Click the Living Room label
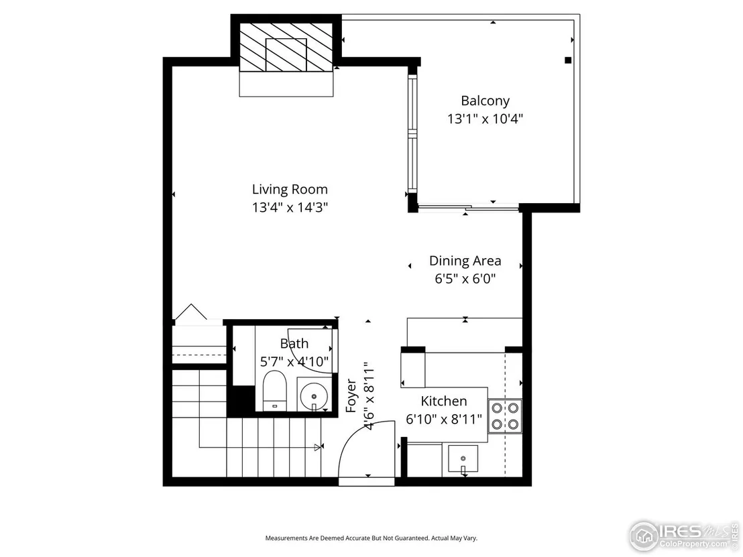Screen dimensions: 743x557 point(290,190)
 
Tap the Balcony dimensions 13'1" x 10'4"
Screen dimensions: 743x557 point(485,119)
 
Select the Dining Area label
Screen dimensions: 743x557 point(465,261)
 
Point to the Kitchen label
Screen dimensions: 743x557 point(443,401)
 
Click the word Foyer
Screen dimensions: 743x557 point(351,396)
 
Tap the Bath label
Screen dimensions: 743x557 point(294,343)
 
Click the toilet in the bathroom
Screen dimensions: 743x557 point(275,391)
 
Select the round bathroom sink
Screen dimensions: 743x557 point(314,395)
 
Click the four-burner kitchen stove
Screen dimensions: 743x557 point(505,416)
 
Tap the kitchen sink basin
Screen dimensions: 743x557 point(463,458)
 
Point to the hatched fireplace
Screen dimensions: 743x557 point(286,48)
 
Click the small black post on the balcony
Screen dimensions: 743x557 point(568,60)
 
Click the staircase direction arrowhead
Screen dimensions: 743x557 point(317,446)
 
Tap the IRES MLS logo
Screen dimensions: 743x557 point(683,536)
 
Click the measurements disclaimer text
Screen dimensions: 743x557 point(371,538)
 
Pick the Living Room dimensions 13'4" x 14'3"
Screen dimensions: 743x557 point(290,208)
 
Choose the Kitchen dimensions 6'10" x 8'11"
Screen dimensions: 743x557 point(443,419)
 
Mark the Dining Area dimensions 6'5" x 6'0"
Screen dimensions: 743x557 point(465,279)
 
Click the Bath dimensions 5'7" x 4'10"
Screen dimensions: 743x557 point(294,362)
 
